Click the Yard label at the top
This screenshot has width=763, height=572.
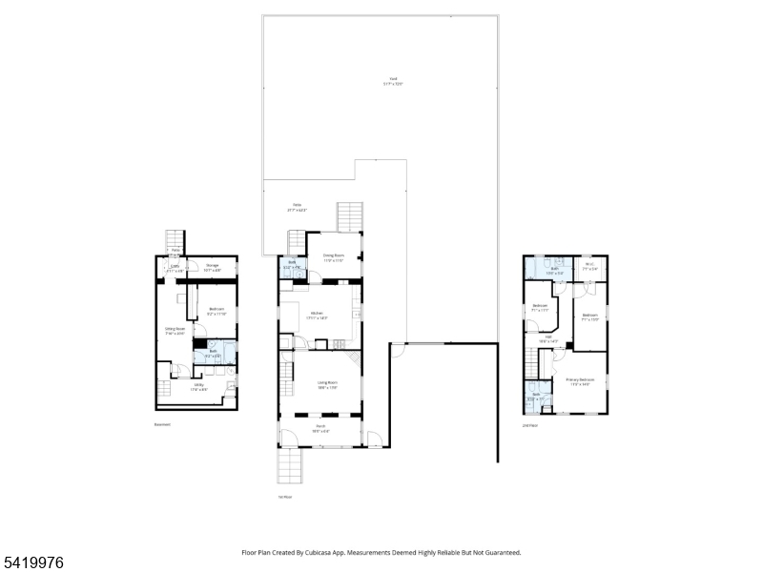tap(389, 82)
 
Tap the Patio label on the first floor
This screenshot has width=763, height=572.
tap(298, 208)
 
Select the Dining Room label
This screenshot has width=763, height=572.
tap(333, 257)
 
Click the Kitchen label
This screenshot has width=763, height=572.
tap(319, 315)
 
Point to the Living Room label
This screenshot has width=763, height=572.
tap(329, 384)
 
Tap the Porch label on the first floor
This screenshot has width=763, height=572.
tap(322, 430)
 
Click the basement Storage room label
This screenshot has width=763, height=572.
tap(212, 268)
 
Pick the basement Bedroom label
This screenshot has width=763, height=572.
tap(217, 310)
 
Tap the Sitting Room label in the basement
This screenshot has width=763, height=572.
tap(175, 331)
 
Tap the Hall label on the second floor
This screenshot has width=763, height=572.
tap(548, 338)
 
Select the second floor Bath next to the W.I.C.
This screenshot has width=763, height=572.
tap(554, 271)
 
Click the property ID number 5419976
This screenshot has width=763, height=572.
tap(32, 563)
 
